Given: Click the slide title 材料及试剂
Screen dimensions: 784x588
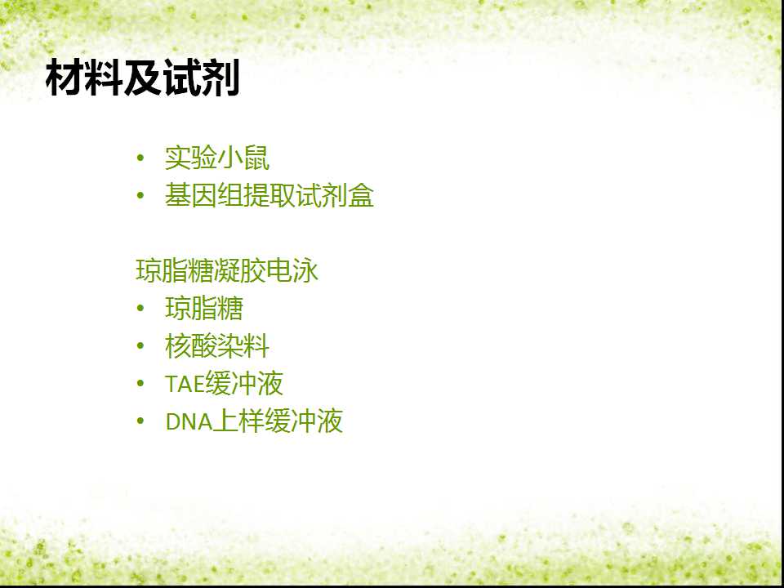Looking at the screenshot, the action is [x=142, y=78].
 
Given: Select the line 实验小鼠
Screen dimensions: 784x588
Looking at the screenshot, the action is [x=217, y=158].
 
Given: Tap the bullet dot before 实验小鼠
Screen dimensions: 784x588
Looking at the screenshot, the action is [x=140, y=158].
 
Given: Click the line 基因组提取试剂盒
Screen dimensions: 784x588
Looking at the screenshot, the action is [x=269, y=195].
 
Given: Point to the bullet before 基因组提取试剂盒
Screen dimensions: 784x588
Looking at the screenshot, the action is [x=140, y=195].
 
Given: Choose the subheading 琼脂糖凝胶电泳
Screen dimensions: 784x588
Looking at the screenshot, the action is [x=227, y=271].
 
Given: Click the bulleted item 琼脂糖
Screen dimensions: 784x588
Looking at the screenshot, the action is [x=204, y=309].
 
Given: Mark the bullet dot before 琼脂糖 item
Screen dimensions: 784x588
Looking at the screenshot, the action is [x=140, y=309].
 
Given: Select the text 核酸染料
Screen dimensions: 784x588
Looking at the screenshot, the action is [x=217, y=346].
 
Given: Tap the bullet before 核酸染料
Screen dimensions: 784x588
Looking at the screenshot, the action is [x=140, y=346].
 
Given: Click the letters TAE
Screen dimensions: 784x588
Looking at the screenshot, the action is [x=185, y=384].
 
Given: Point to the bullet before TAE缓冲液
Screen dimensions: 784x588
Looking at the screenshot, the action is [x=140, y=384].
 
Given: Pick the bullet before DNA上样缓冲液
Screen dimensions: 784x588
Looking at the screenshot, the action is [x=140, y=421].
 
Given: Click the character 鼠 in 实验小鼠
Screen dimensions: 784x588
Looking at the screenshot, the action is [x=256, y=158].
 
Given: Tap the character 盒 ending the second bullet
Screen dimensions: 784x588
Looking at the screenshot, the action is [x=360, y=195].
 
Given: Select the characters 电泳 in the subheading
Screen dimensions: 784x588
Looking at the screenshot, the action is [x=292, y=271].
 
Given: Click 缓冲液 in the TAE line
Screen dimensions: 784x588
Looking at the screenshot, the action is [x=244, y=384].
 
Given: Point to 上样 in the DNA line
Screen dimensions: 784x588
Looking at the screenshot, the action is [x=239, y=421].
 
